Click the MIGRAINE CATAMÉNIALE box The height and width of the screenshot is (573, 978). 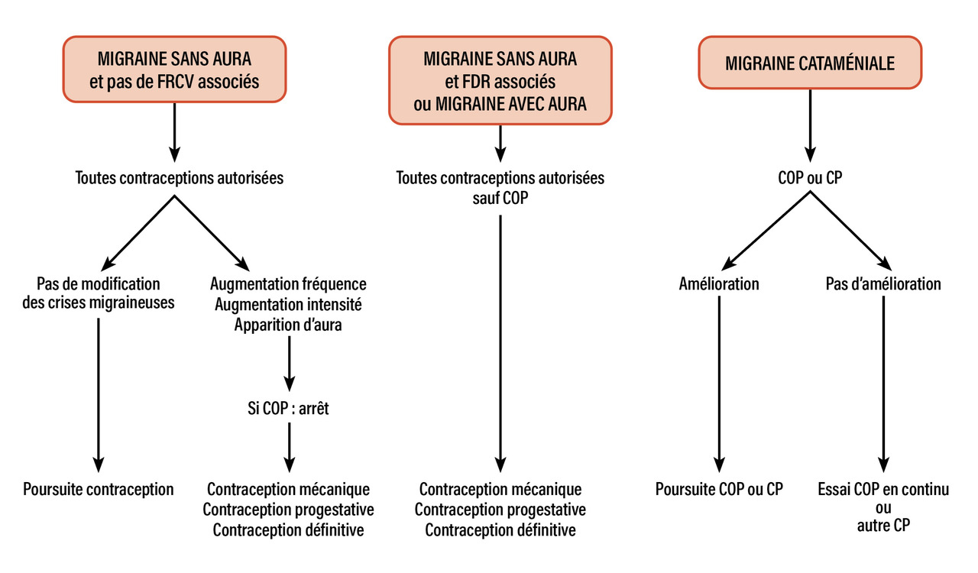(810, 63)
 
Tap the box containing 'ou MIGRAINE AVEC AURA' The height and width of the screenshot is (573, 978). (500, 80)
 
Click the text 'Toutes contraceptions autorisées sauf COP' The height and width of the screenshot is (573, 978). (500, 188)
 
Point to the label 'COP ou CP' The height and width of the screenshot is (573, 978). (809, 178)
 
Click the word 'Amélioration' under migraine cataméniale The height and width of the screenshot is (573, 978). (719, 284)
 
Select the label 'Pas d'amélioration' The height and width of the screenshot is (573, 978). (883, 284)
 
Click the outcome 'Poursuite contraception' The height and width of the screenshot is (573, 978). (99, 489)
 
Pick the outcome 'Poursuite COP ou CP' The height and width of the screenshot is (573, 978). (719, 489)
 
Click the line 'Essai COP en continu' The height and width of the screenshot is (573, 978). (883, 489)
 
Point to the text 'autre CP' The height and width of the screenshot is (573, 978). (883, 526)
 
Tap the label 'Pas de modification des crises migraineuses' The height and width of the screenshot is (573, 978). (99, 293)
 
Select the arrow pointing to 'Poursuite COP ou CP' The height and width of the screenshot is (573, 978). (719, 382)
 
